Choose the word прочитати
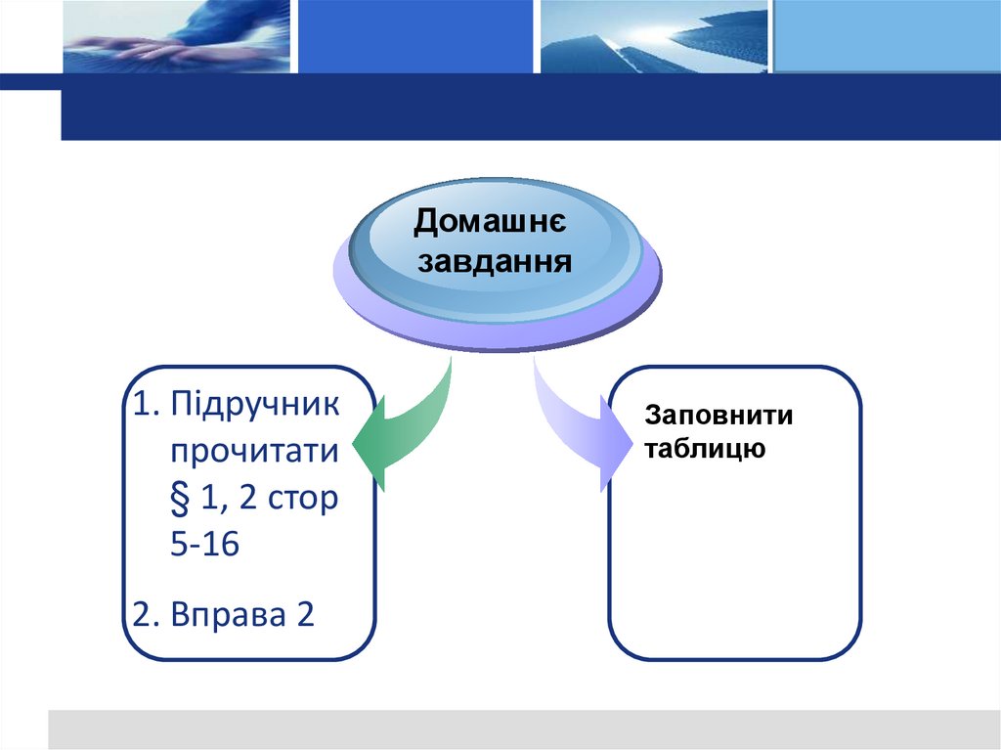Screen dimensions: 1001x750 pos(255,453)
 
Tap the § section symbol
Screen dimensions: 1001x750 pos(182,498)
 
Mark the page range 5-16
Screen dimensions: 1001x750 pos(204,544)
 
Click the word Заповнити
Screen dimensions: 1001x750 pos(718,416)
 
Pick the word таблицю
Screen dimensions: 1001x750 pos(705,450)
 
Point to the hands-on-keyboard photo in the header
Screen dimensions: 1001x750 pos(176,37)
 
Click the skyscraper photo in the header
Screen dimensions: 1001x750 pos(655,37)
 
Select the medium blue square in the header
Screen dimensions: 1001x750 pos(415,37)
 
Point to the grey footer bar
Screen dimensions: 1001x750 pos(523,728)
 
